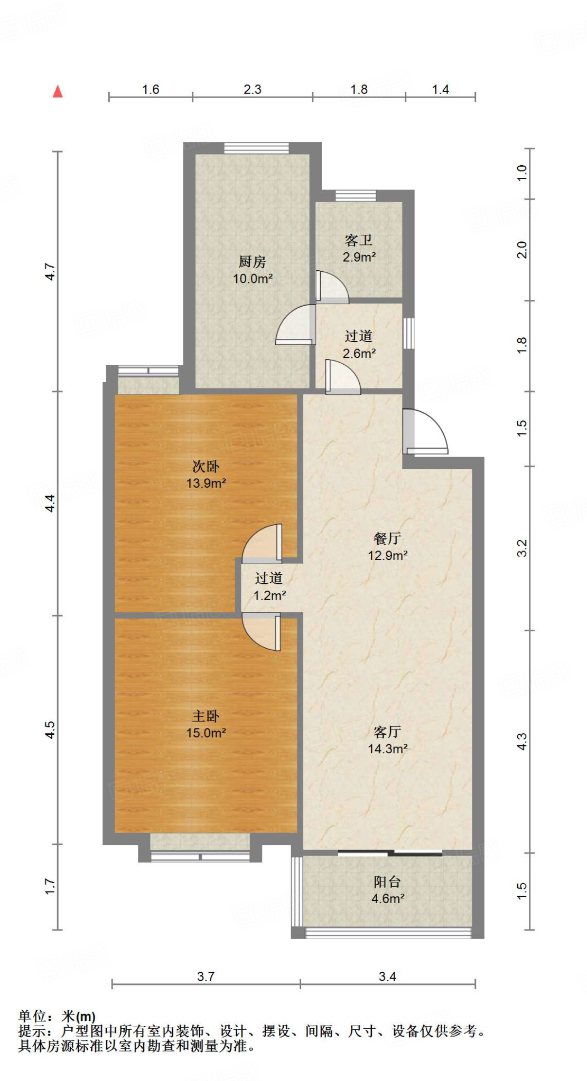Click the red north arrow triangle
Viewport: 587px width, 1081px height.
point(58,91)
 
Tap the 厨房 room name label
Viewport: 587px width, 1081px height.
point(252,261)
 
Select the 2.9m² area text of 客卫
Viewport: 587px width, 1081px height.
point(359,257)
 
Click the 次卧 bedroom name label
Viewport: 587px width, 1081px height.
point(206,466)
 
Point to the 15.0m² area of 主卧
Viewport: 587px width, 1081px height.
point(206,733)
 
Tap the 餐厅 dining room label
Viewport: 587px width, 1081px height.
point(387,538)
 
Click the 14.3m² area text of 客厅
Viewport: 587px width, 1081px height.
point(387,748)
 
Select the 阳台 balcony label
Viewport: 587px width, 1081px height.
point(387,881)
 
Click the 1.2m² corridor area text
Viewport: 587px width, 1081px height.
point(269,595)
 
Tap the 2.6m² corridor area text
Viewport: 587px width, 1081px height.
point(359,353)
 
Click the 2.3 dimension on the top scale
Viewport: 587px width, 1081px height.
point(252,89)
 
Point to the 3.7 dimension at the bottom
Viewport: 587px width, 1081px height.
point(206,976)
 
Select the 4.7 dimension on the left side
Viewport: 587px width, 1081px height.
point(50,271)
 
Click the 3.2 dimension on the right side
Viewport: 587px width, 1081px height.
point(522,548)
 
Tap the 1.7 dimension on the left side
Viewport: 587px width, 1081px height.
point(50,886)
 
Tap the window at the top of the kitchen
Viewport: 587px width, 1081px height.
point(256,148)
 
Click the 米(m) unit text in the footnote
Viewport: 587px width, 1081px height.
point(78,1016)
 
